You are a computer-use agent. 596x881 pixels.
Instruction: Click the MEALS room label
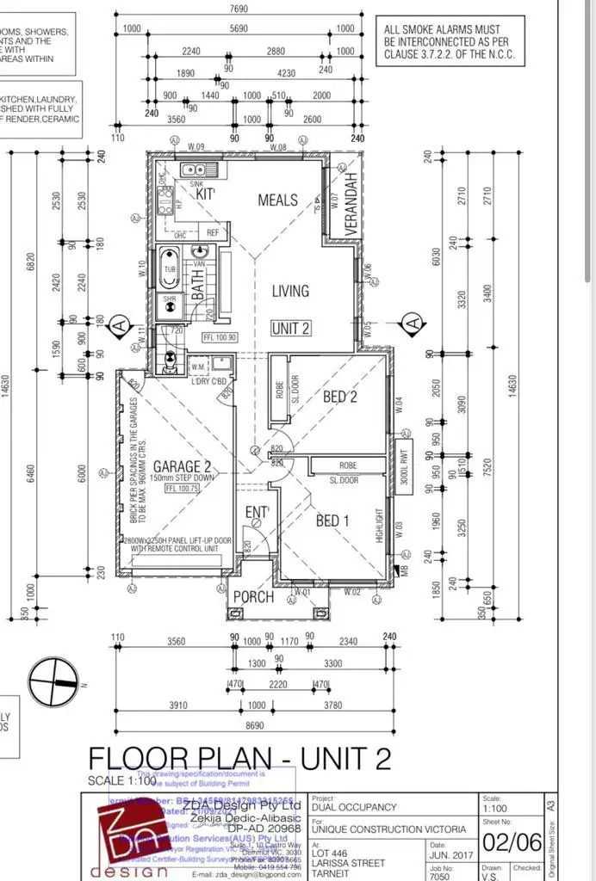277,200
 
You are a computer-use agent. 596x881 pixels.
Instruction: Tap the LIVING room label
290,291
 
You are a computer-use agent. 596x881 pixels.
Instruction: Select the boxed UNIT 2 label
290,328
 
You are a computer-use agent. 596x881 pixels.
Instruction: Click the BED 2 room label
339,397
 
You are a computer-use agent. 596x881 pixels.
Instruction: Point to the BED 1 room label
332,521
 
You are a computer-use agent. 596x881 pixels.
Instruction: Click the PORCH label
253,597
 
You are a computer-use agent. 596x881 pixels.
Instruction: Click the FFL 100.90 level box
219,338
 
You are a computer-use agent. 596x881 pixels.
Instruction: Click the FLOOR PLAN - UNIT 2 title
239,759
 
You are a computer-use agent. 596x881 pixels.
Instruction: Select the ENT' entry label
257,514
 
